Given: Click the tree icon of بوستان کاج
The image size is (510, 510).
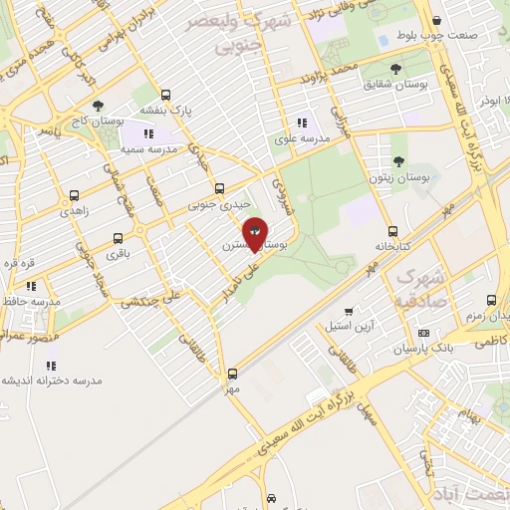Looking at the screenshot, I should (97, 106).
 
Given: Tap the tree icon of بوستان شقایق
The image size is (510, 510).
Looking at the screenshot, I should (395, 69).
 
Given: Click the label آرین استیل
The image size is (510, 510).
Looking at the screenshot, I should (350, 326).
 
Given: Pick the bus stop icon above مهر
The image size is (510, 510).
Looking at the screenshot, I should (232, 375).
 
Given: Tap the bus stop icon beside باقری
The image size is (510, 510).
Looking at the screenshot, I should (119, 239).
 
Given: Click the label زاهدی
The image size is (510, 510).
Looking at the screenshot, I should (74, 212).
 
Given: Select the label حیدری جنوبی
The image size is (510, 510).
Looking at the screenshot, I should (217, 204).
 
